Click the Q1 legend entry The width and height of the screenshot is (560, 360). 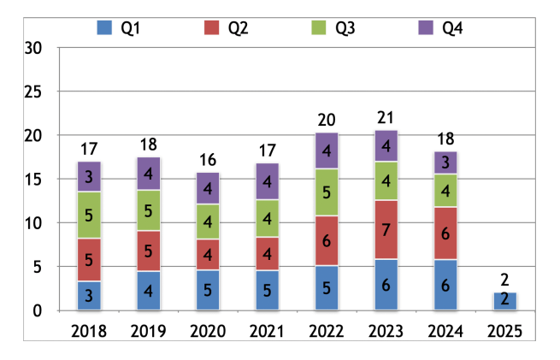pyautogui.click(x=119, y=28)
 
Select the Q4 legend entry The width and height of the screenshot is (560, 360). pyautogui.click(x=440, y=28)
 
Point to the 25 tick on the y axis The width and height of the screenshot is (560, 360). pyautogui.click(x=32, y=91)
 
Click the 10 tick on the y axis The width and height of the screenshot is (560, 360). pyautogui.click(x=32, y=223)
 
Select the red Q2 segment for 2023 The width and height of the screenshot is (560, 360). pyautogui.click(x=385, y=228)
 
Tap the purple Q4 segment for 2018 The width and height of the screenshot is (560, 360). pyautogui.click(x=90, y=176)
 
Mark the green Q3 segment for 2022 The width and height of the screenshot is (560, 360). pyautogui.click(x=326, y=192)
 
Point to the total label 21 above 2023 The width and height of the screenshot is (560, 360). pyautogui.click(x=385, y=117)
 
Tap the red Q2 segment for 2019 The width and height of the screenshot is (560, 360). pyautogui.click(x=149, y=251)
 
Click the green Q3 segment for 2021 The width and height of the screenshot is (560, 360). pyautogui.click(x=267, y=218)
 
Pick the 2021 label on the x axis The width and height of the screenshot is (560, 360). pyautogui.click(x=267, y=331)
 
